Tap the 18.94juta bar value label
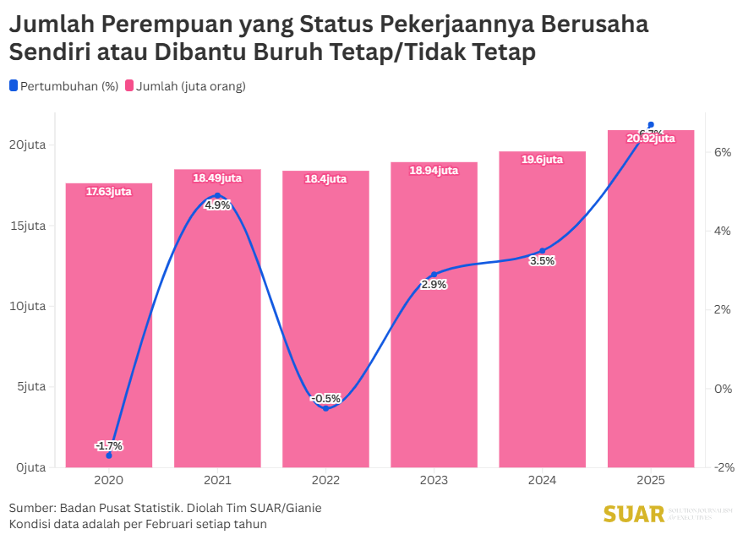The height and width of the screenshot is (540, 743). tap(434, 171)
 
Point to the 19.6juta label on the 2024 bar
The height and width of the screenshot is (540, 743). tap(542, 160)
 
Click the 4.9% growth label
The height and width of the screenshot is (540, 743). tap(217, 205)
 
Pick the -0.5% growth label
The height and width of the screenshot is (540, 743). tap(325, 399)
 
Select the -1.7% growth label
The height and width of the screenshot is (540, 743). tap(109, 446)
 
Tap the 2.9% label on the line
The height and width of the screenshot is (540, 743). tap(434, 285)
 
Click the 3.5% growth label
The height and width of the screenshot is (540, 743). tap(542, 261)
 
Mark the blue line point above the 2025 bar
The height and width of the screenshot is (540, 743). tap(650, 124)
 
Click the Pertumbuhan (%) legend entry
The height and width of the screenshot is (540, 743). tap(64, 86)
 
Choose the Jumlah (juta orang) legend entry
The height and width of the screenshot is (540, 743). tap(185, 86)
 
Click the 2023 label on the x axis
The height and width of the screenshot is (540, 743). tap(434, 481)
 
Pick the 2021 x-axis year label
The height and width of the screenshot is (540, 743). tap(217, 481)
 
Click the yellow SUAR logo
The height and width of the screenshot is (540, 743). tap(632, 514)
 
